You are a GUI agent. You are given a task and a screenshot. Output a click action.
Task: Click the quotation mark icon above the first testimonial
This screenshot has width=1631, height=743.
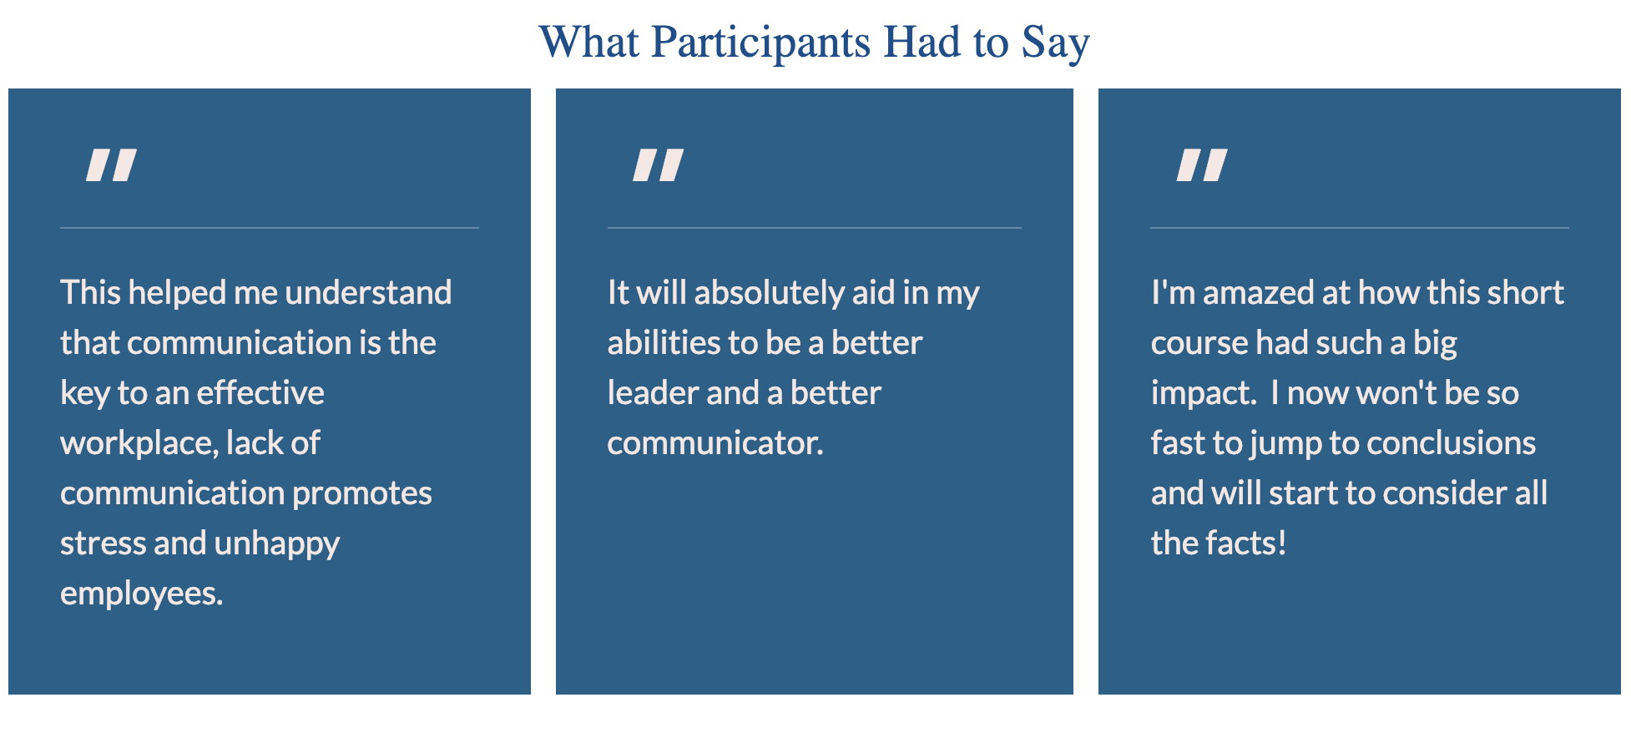pyautogui.click(x=112, y=164)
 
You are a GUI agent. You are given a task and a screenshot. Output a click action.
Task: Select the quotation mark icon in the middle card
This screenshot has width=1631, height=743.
pyautogui.click(x=659, y=164)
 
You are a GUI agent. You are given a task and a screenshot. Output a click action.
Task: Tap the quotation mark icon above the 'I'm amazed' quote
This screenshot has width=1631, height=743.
pyautogui.click(x=1202, y=164)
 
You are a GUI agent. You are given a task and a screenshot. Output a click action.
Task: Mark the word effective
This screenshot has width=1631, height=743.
pyautogui.click(x=260, y=393)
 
